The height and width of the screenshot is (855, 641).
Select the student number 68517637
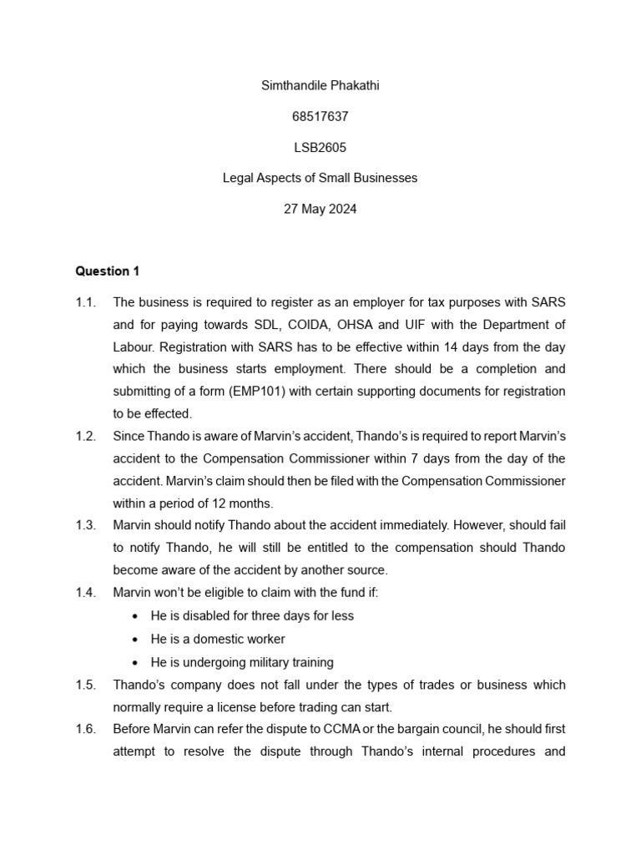coord(320,118)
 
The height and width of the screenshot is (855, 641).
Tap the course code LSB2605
coord(320,148)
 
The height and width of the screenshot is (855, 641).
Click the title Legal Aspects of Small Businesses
coord(320,178)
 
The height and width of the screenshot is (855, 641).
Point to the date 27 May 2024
coord(320,209)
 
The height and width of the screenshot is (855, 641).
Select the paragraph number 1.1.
coord(86,301)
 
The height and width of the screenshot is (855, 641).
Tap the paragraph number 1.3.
coord(86,526)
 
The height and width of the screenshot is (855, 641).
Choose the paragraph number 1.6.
coord(86,729)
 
